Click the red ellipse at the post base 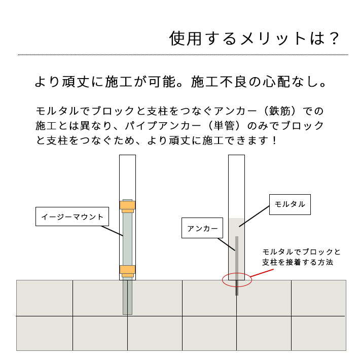(x=222, y=280)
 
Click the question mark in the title (x=334, y=39)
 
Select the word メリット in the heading (x=273, y=39)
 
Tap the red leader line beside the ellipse (x=262, y=273)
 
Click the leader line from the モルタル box (x=254, y=217)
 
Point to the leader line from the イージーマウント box (x=112, y=231)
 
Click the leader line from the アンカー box (x=226, y=244)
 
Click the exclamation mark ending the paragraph (x=274, y=140)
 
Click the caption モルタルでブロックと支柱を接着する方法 (x=301, y=257)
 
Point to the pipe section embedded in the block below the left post (x=127, y=297)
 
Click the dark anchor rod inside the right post (x=237, y=266)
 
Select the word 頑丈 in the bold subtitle (x=76, y=82)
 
